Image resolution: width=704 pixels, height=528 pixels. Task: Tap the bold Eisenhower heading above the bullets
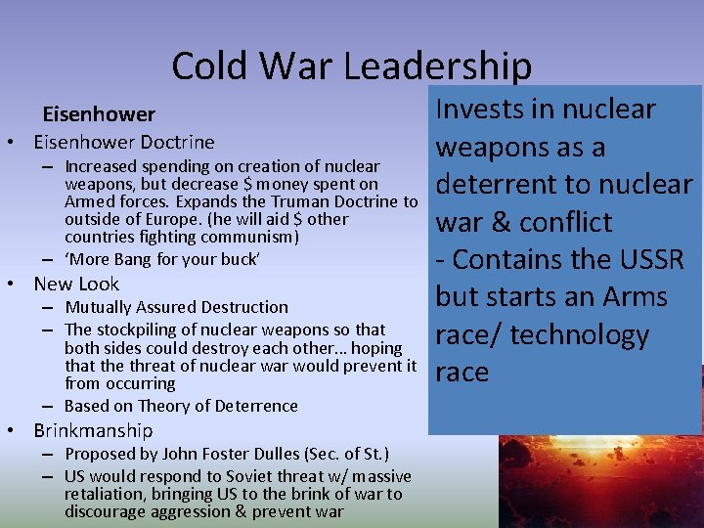click(x=98, y=115)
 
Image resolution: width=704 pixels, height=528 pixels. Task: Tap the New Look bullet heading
click(x=76, y=284)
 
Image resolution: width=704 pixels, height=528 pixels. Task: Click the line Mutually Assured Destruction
click(x=176, y=307)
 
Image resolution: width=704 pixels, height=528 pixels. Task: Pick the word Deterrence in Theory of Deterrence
click(x=255, y=406)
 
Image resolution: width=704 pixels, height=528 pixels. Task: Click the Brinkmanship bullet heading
click(x=93, y=430)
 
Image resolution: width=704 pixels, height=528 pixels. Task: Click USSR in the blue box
click(x=652, y=259)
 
